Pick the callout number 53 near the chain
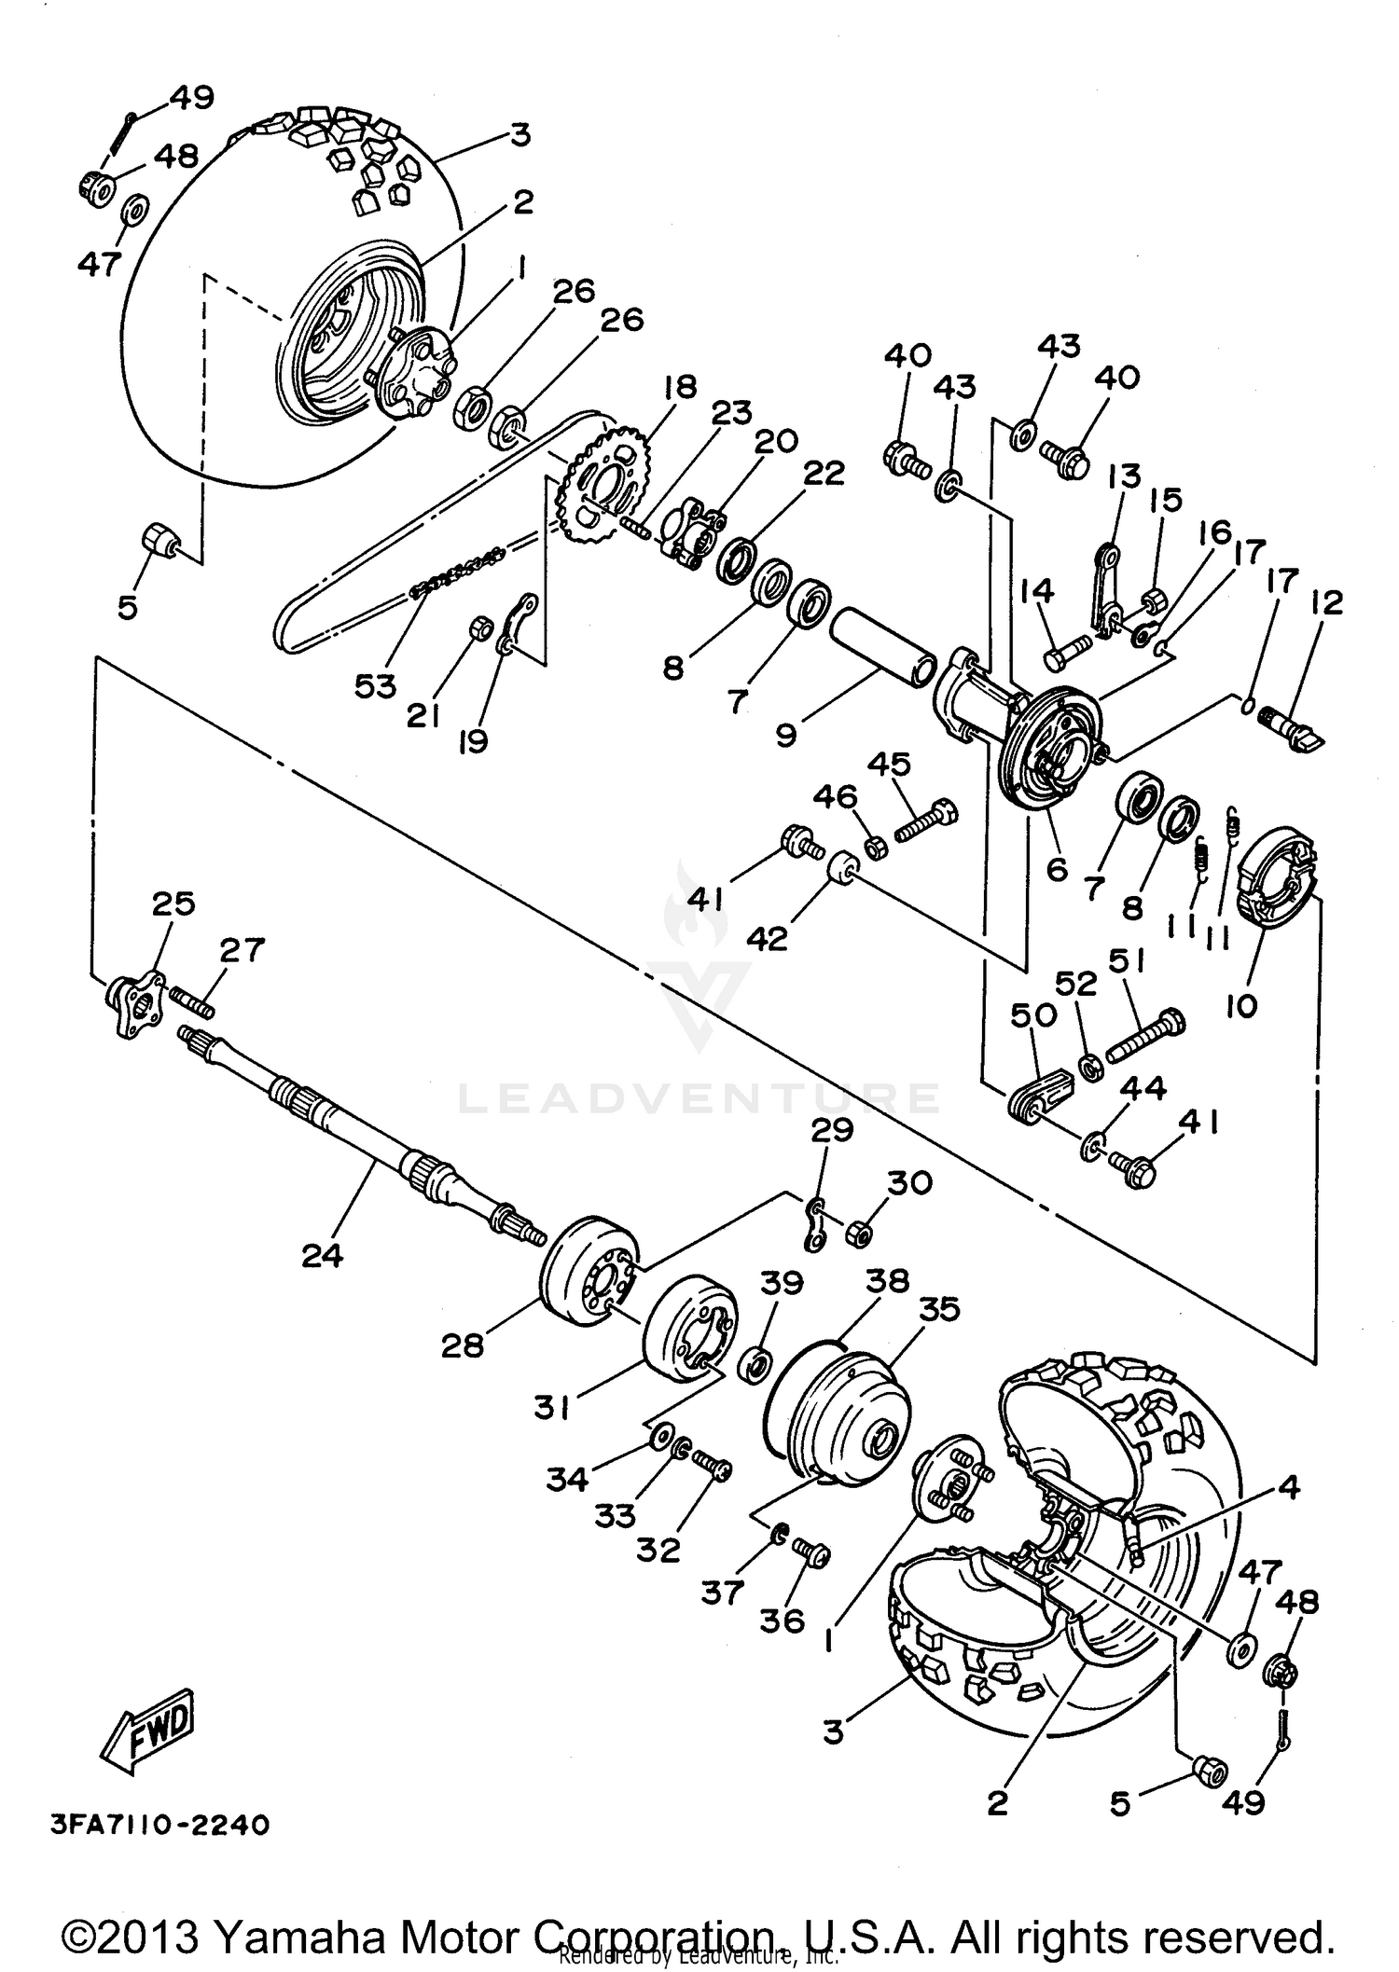pyautogui.click(x=376, y=685)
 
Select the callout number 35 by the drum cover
pyautogui.click(x=938, y=1309)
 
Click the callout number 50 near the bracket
pyautogui.click(x=1033, y=1014)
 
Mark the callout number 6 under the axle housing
pyautogui.click(x=1056, y=869)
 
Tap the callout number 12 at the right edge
pyautogui.click(x=1325, y=603)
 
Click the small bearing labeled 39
pyautogui.click(x=754, y=1367)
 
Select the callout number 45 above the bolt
pyautogui.click(x=889, y=765)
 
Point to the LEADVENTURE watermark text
pyautogui.click(x=699, y=1097)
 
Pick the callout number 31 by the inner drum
pyautogui.click(x=551, y=1407)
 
